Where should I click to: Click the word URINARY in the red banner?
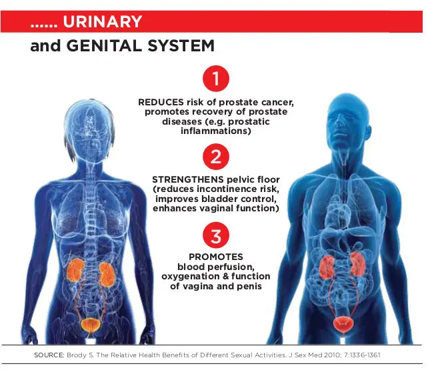tap(102, 21)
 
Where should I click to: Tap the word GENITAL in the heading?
tap(105, 46)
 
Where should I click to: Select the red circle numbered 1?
tap(216, 79)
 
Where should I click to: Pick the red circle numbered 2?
tap(216, 157)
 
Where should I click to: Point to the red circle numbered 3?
tap(216, 235)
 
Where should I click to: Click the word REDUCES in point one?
tap(161, 102)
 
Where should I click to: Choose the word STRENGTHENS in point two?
tap(188, 179)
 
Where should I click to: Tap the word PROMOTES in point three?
tap(216, 257)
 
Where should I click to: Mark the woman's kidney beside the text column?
tap(107, 275)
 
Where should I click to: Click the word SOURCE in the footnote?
tap(49, 355)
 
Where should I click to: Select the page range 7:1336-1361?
tap(362, 355)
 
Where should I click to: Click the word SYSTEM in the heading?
tap(181, 46)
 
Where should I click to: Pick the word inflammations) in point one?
tap(216, 131)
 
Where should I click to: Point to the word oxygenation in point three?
tap(192, 277)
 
